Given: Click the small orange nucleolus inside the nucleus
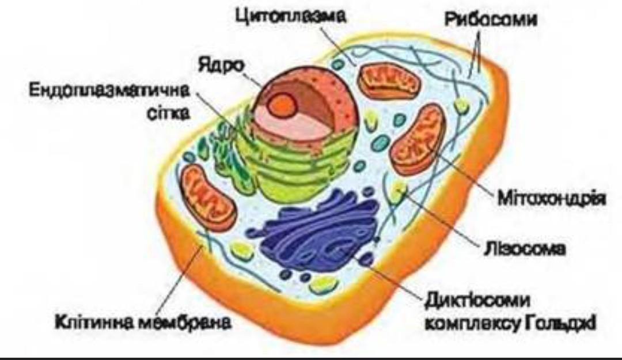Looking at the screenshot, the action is click(x=283, y=104).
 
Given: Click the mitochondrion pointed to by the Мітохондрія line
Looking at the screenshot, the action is click(x=418, y=138).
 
